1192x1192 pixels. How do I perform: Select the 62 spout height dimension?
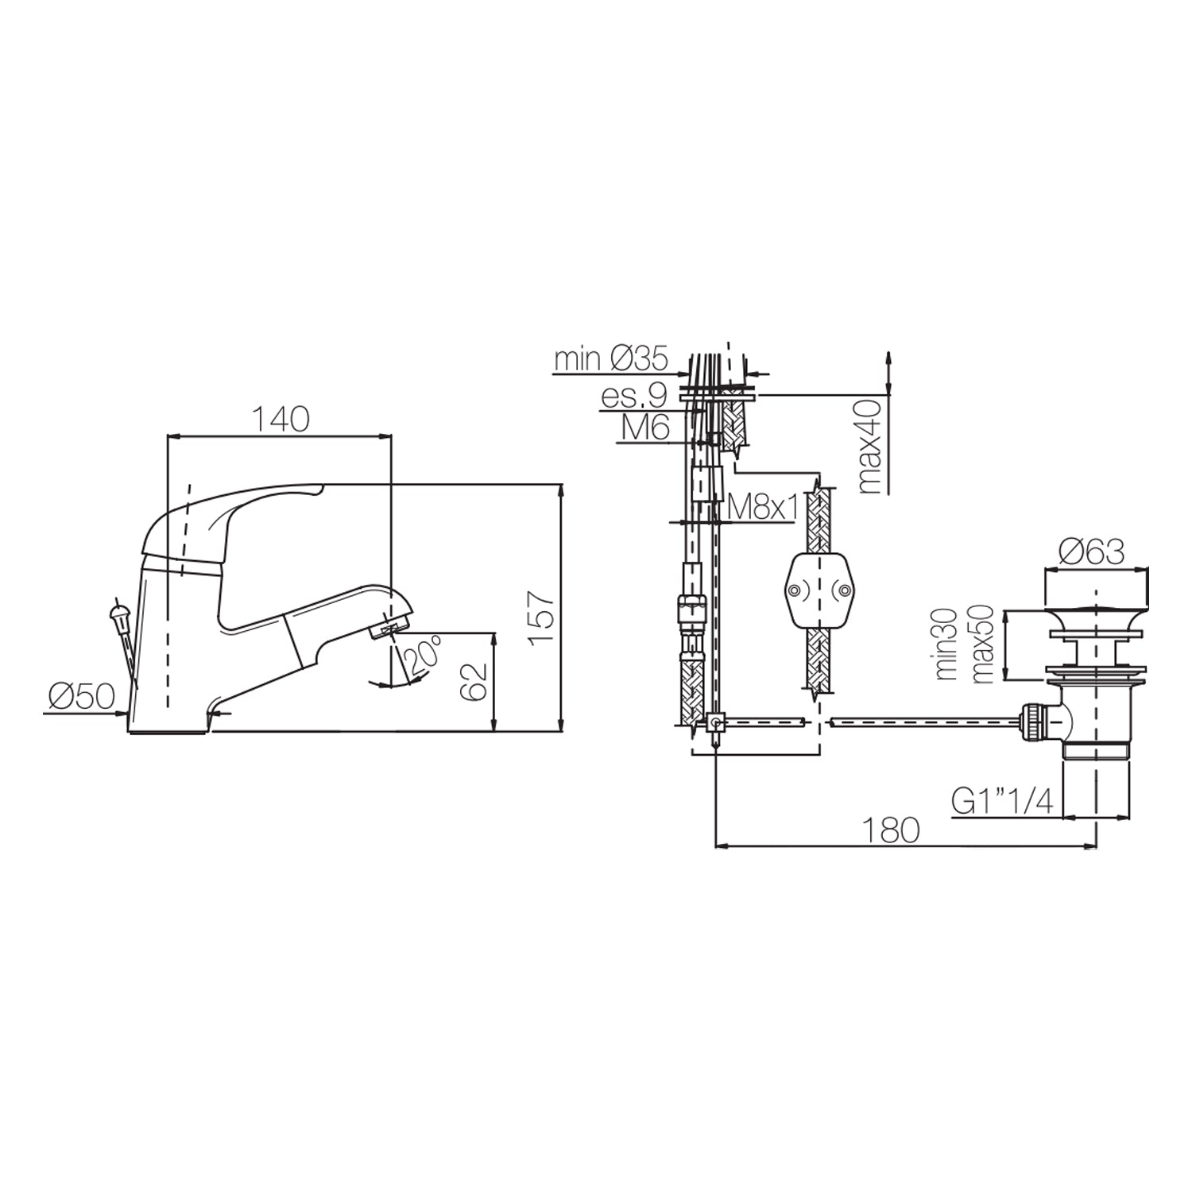pos(474,680)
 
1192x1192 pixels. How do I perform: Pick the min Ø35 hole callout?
pos(610,360)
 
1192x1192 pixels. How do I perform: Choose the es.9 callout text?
pos(633,395)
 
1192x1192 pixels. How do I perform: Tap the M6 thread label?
pos(644,428)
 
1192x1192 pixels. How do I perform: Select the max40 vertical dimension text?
pos(873,446)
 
